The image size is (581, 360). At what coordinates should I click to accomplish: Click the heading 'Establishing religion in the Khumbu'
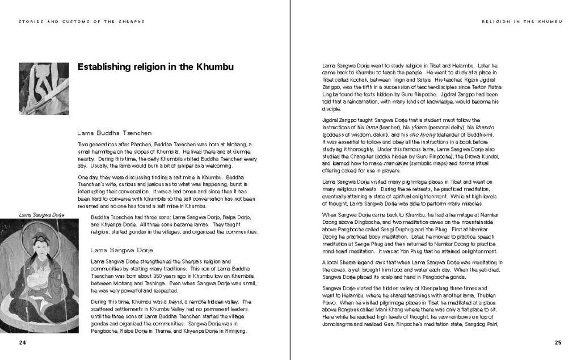pyautogui.click(x=155, y=67)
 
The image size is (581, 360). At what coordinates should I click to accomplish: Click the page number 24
pyautogui.click(x=22, y=342)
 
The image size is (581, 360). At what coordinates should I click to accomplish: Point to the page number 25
pyautogui.click(x=558, y=342)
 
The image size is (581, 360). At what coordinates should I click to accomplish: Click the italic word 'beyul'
pyautogui.click(x=178, y=302)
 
